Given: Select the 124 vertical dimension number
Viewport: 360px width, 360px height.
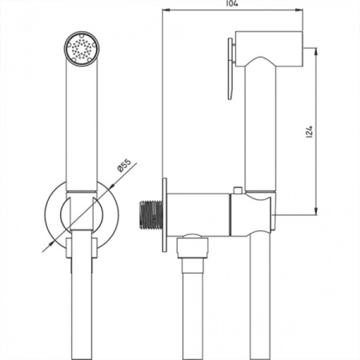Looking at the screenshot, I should (310, 132).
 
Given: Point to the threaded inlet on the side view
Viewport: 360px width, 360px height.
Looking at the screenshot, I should (150, 215).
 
